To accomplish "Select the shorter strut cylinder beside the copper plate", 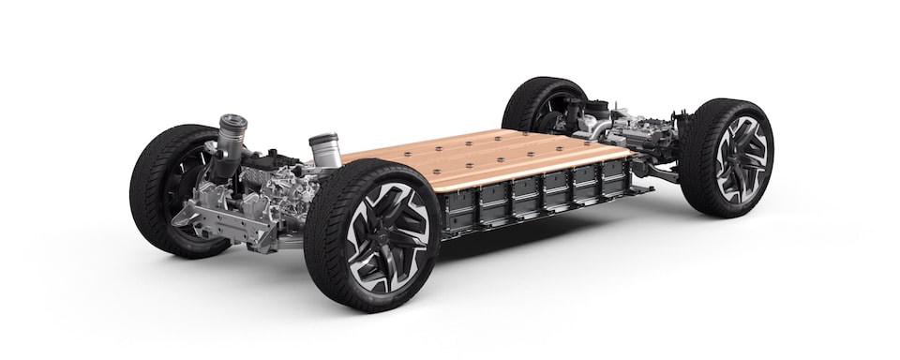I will (322, 150).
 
